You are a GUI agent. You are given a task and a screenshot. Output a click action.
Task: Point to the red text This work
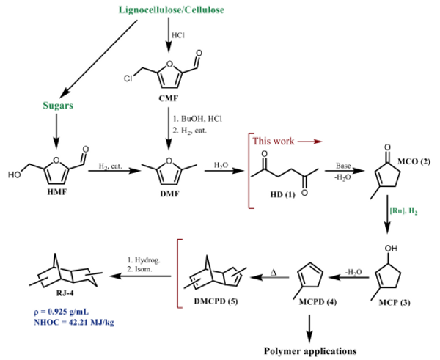[x=274, y=139]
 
